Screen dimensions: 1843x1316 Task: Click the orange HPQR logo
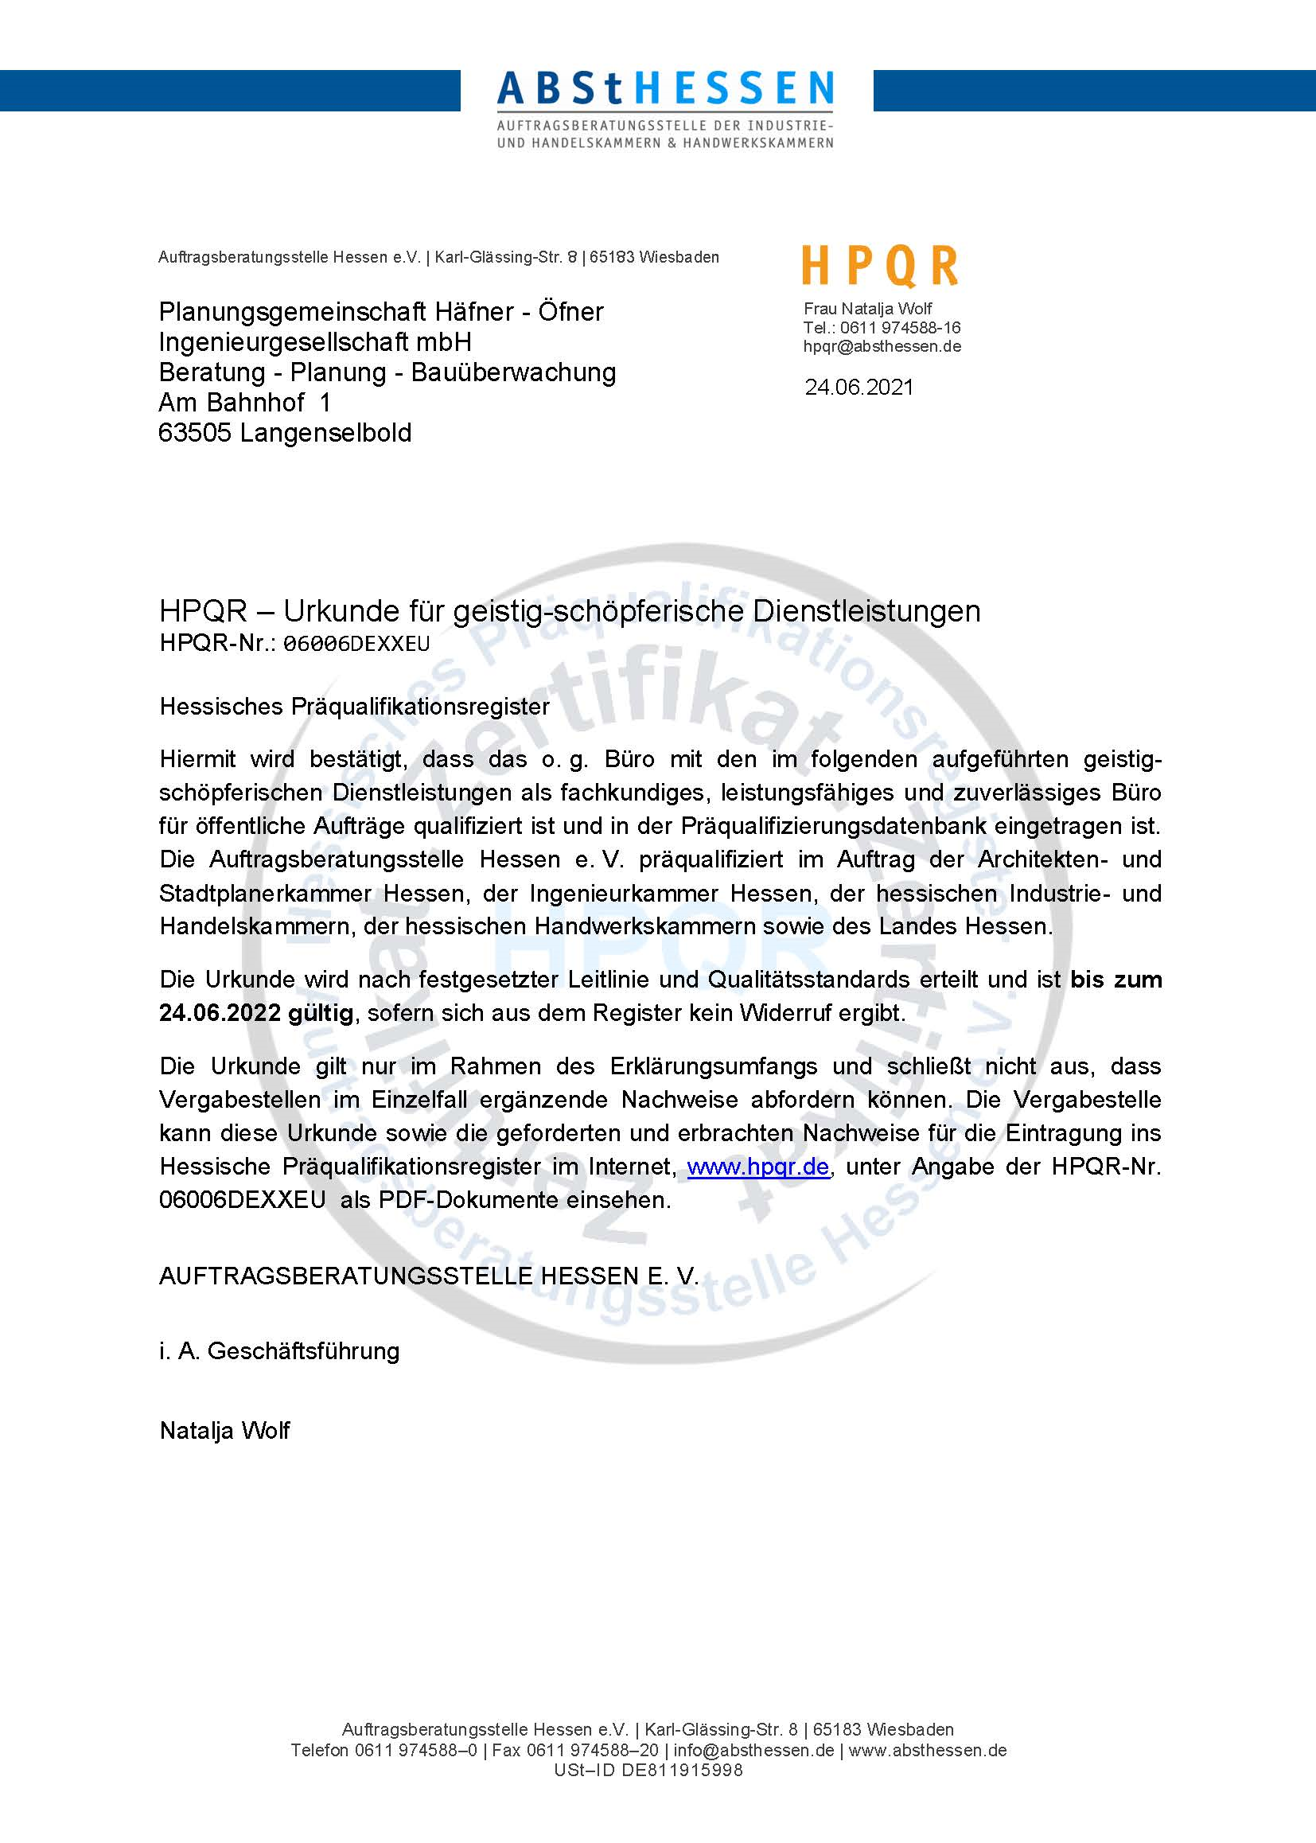(880, 267)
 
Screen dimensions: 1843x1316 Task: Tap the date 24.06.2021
(859, 388)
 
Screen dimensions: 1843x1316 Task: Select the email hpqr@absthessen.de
(882, 346)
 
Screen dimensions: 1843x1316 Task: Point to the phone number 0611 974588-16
(901, 327)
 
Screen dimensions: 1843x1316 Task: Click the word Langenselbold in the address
(325, 433)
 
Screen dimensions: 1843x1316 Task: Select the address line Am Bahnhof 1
(245, 403)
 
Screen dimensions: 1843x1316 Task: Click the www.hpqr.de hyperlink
(757, 1167)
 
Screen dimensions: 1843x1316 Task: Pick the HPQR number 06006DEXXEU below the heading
(356, 644)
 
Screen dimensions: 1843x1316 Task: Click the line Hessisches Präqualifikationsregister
(355, 707)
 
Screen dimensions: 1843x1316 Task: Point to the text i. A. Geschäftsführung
(279, 1351)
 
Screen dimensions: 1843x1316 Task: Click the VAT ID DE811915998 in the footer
(682, 1793)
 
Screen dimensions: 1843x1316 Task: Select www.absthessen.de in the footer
(927, 1772)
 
